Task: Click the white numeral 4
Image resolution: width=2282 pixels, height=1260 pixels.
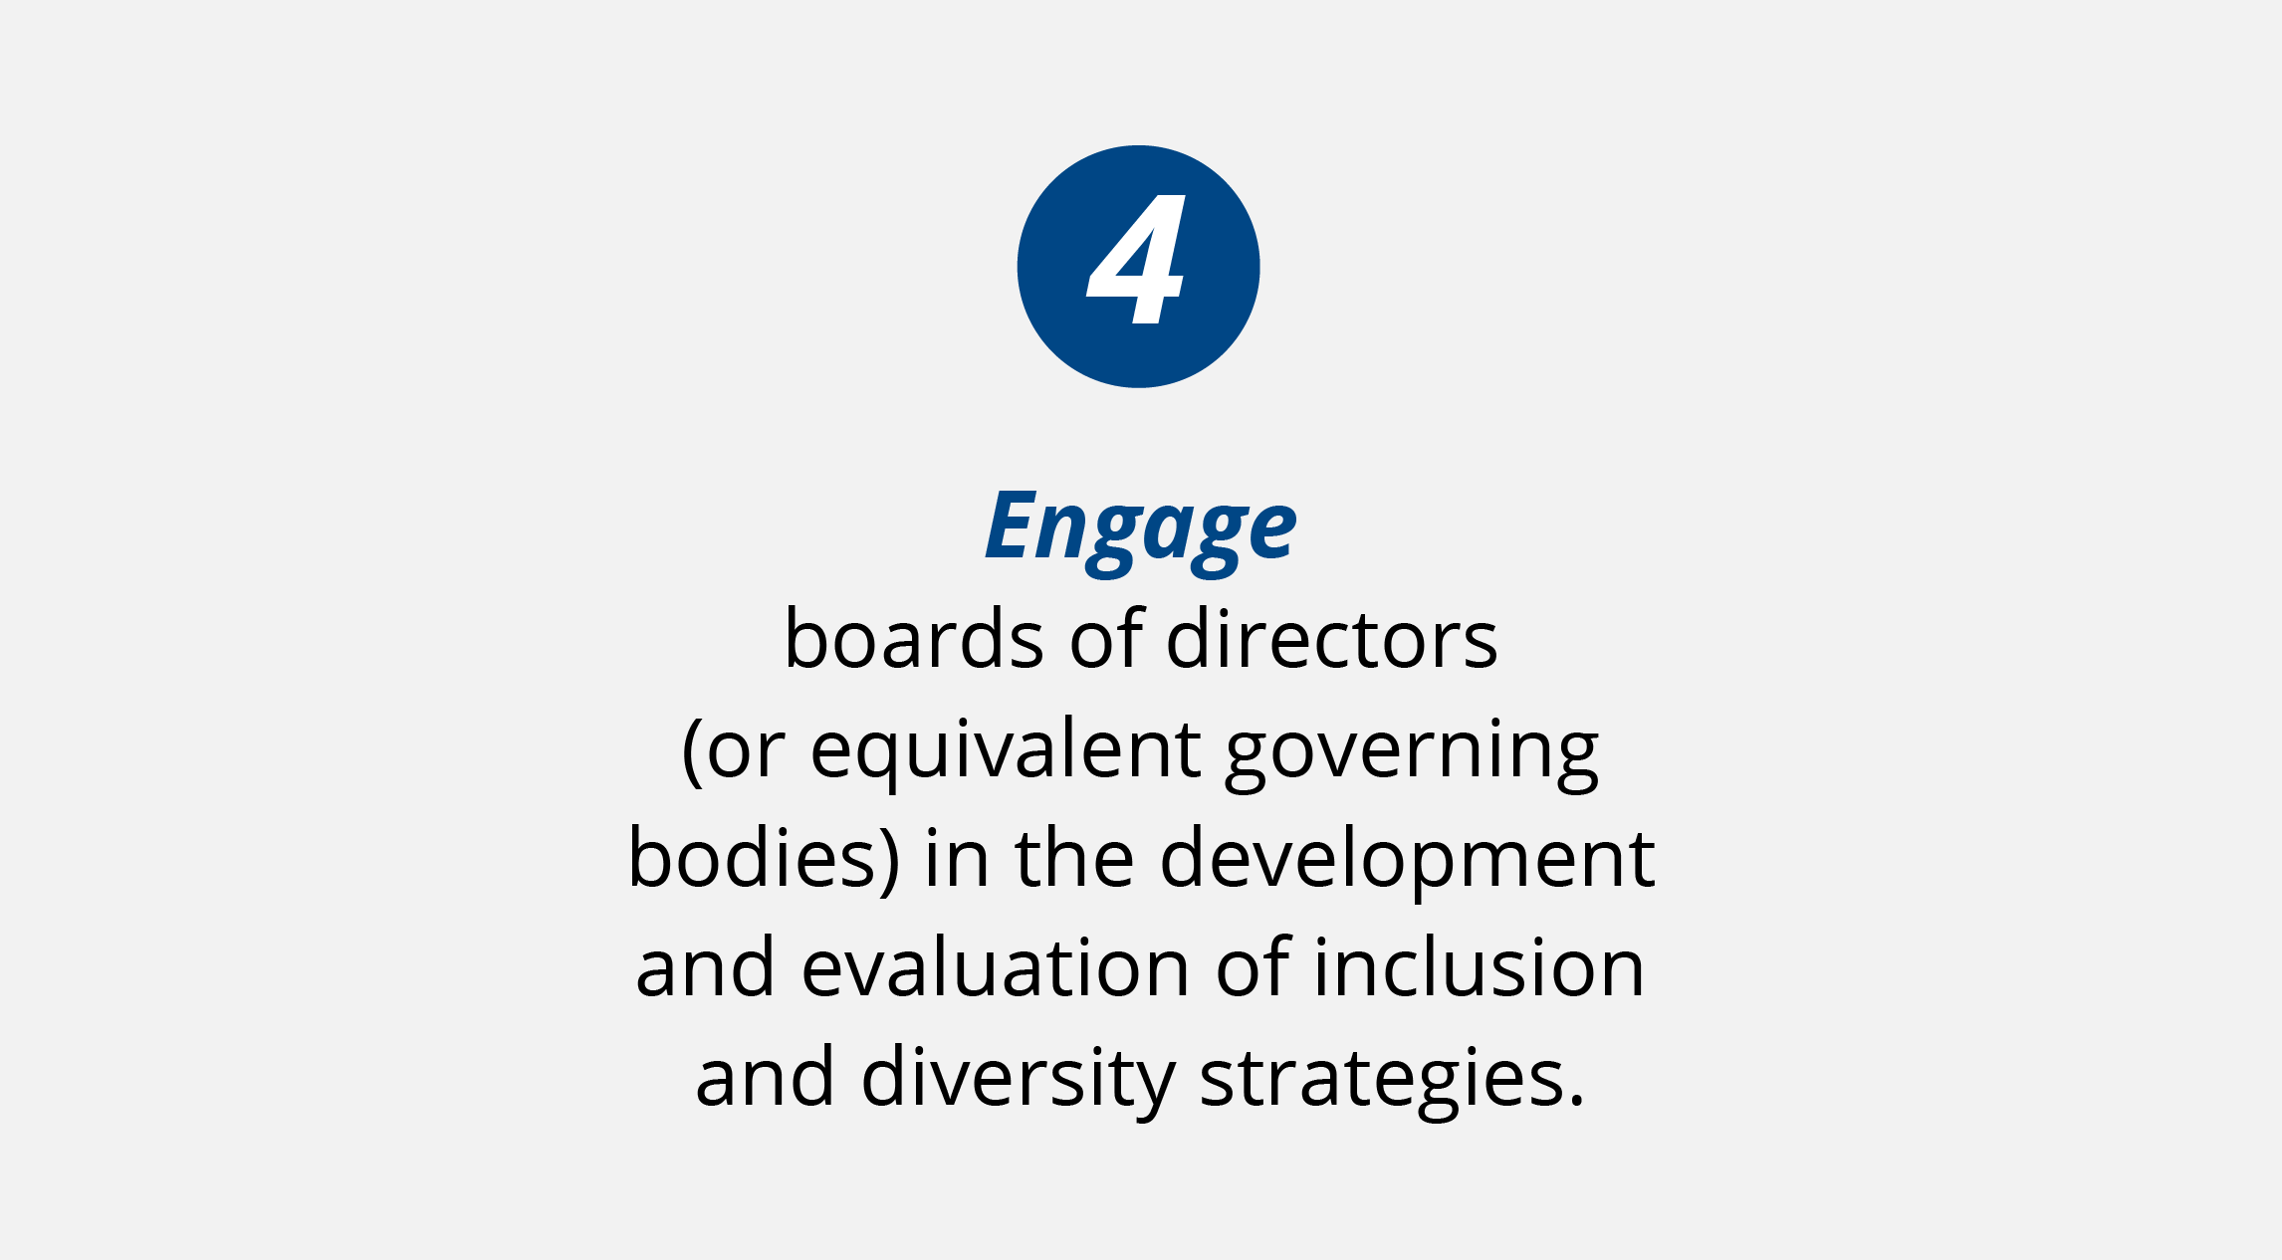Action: click(1136, 259)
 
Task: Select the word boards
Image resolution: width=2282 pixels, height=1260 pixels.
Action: click(914, 638)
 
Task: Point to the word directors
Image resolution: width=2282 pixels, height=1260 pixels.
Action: click(1331, 638)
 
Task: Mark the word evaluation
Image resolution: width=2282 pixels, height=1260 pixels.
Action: click(996, 966)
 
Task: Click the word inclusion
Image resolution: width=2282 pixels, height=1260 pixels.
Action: click(1479, 966)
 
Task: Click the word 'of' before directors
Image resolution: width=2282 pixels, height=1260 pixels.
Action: click(1105, 638)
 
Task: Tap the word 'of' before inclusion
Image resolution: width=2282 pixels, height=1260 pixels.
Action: click(1253, 966)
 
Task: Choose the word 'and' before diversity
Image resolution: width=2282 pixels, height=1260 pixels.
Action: click(765, 1076)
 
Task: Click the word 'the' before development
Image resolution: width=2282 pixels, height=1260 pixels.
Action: click(1074, 857)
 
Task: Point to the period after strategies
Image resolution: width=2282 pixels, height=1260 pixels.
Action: click(1575, 1100)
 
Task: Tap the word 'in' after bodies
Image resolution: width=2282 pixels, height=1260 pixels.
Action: click(957, 857)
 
